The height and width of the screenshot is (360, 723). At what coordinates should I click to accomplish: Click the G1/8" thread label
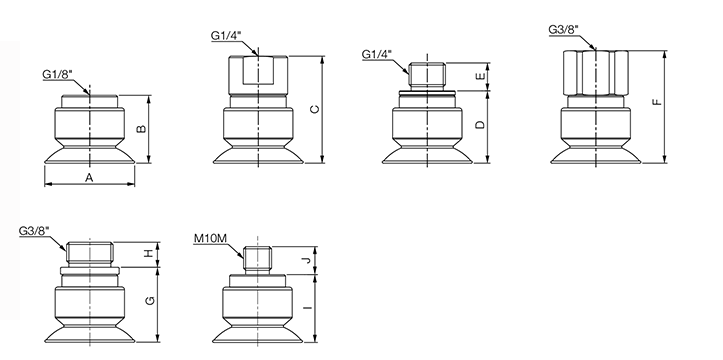[58, 75]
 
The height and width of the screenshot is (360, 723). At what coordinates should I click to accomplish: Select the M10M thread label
[210, 238]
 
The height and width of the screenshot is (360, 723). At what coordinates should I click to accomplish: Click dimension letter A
[89, 177]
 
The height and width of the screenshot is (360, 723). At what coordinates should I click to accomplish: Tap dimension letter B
[142, 129]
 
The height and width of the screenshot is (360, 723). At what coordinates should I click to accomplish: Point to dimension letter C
[314, 109]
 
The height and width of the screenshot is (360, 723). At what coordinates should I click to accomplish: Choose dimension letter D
[480, 125]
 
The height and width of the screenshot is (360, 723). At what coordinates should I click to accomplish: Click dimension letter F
[658, 102]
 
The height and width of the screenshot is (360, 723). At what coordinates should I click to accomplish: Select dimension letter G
[150, 301]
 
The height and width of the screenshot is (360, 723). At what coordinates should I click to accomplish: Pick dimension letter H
[148, 253]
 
